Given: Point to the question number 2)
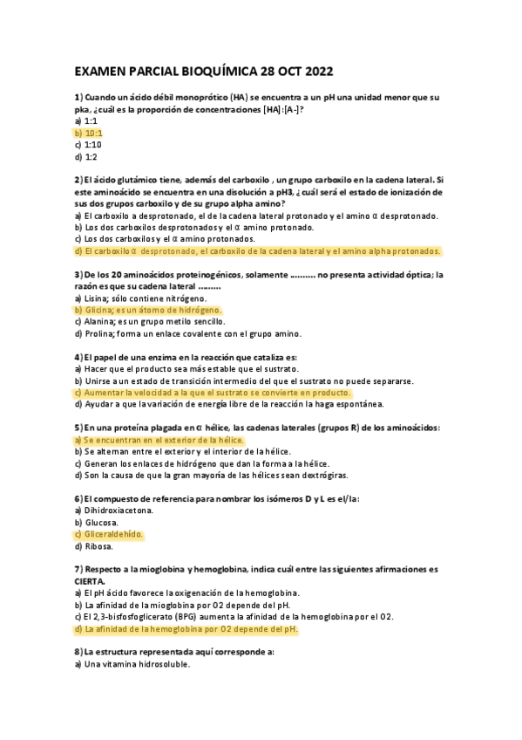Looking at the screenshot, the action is [78, 179].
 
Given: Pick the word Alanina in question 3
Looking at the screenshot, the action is [103, 321].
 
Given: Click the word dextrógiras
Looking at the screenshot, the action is [324, 476].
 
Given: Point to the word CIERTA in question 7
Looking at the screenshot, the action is [91, 580].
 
